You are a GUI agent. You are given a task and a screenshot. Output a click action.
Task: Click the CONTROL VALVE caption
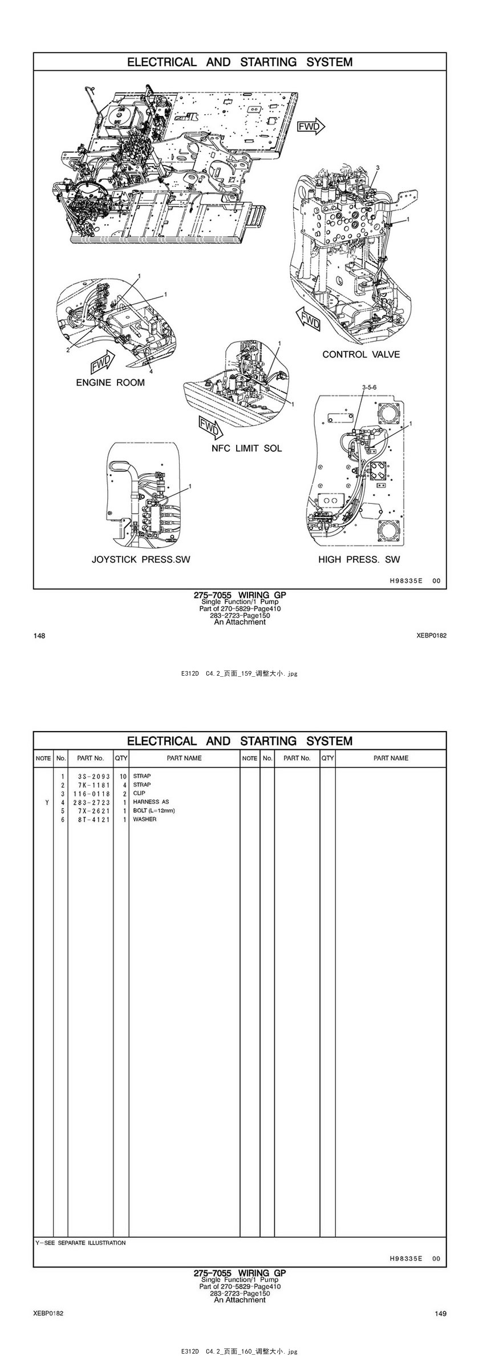pos(361,354)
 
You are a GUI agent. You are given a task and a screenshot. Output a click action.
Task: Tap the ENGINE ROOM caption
pos(111,382)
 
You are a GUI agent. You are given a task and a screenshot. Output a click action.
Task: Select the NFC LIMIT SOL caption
pos(247,449)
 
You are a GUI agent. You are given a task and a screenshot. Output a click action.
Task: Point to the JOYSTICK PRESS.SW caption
pos(141,559)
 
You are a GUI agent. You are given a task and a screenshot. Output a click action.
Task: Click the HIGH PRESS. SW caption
pos(359,559)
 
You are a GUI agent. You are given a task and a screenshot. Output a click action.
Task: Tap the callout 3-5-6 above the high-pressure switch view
pos(370,387)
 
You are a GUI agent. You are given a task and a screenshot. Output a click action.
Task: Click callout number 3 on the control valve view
pos(377,167)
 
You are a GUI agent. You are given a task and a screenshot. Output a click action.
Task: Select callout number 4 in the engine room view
pos(151,371)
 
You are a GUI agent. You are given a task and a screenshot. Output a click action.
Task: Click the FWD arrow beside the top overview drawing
pos(311,126)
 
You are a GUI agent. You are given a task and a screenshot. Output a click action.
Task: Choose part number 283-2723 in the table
pos(91,802)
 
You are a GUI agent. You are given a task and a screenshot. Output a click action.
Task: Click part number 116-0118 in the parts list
pos(91,793)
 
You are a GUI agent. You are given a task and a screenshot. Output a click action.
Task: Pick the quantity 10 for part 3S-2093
pos(123,776)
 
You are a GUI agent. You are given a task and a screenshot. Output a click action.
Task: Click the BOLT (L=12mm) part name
pos(154,810)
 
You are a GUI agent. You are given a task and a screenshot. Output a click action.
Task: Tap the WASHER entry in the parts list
pos(145,819)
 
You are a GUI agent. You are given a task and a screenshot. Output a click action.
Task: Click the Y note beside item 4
pos(47,802)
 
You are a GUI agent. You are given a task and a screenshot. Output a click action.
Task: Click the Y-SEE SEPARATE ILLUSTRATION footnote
pos(80,1242)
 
